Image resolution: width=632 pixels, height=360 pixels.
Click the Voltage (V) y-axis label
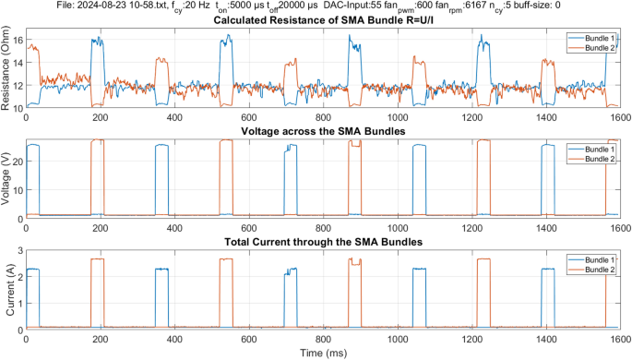[7, 180]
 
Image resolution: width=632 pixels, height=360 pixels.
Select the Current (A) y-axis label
[7, 290]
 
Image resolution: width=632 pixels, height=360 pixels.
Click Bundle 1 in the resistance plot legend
[594, 38]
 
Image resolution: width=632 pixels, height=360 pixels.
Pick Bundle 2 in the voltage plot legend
[594, 159]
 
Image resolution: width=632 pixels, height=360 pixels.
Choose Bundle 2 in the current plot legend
[594, 269]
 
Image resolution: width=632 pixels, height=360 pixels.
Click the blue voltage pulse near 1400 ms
[547, 146]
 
